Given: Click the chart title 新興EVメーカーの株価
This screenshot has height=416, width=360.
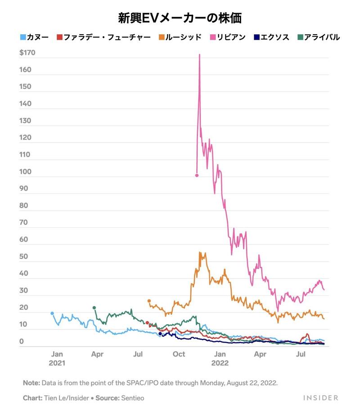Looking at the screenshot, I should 180,18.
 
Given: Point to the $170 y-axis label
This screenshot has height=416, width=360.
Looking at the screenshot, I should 27,53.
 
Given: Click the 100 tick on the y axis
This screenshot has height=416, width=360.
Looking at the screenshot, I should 26,172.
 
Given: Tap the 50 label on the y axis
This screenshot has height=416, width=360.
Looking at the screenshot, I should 24,257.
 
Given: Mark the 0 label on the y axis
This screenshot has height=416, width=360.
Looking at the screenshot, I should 22,342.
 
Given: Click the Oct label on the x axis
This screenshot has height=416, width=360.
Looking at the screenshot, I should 179,354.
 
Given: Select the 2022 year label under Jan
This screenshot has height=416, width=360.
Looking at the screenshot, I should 220,363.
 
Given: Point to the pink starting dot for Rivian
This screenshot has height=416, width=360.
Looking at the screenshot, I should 197,175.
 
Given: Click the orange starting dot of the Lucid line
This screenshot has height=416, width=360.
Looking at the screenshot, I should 149,301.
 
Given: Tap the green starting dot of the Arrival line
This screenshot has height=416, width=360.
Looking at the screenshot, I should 94,307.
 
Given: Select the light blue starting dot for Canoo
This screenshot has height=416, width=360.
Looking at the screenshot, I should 52,313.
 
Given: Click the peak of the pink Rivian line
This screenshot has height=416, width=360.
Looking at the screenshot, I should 199,54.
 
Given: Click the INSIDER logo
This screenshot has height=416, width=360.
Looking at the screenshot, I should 320,398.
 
